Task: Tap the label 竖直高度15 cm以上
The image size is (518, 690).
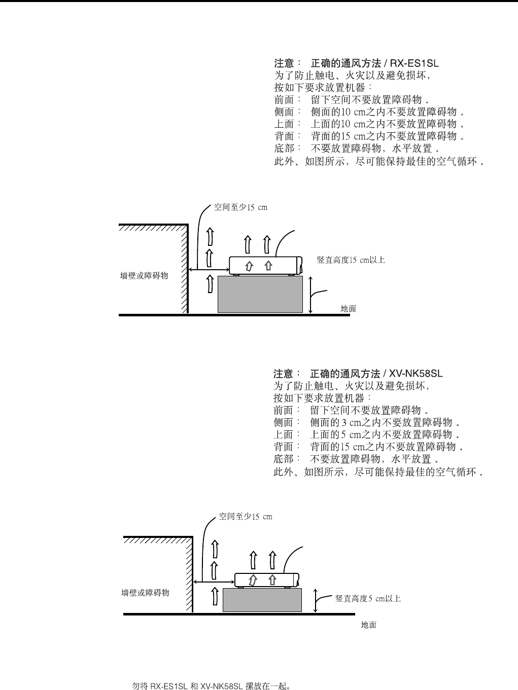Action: click(351, 260)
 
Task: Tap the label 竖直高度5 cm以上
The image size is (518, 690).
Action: click(368, 599)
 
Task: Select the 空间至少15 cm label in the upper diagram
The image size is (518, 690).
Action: click(240, 207)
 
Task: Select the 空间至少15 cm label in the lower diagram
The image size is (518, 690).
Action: click(246, 517)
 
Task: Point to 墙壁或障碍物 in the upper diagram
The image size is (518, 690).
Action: click(144, 276)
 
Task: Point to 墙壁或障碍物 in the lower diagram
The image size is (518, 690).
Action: click(146, 593)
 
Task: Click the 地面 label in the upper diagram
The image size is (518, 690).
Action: click(348, 308)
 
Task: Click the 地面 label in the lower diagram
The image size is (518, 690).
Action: click(369, 625)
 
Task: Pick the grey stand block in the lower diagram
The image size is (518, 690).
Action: click(262, 600)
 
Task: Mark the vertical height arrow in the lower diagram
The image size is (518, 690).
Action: click(317, 601)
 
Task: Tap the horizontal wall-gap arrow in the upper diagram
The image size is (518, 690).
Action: click(209, 269)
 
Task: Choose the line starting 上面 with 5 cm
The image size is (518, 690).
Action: click(366, 434)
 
